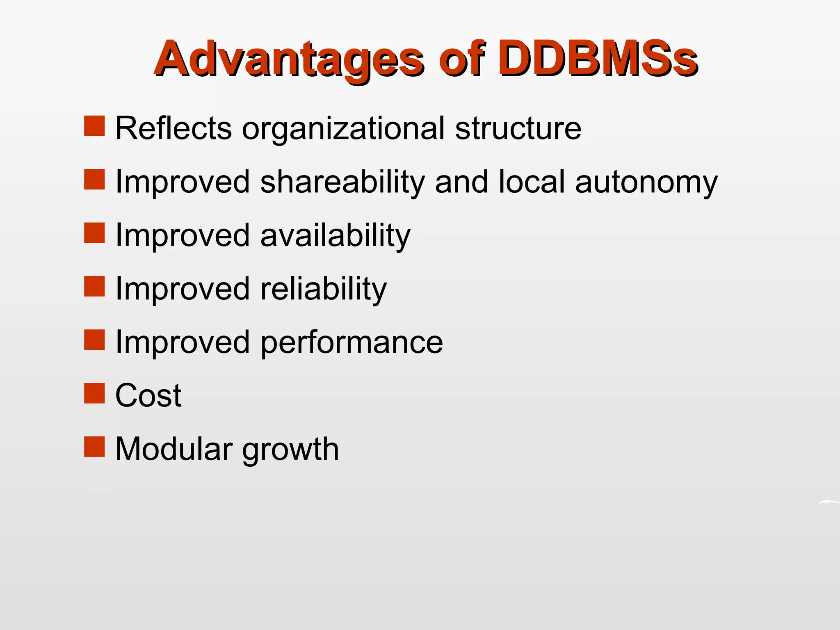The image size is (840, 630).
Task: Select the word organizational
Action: click(x=343, y=130)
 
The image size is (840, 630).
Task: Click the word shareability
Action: click(x=342, y=183)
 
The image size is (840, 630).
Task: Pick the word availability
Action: click(x=335, y=236)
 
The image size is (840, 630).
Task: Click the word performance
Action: click(x=352, y=343)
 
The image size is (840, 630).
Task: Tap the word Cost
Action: click(x=148, y=395)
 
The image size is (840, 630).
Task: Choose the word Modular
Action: click(x=174, y=449)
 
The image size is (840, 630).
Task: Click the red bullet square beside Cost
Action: click(x=94, y=393)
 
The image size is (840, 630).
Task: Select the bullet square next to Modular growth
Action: click(x=94, y=447)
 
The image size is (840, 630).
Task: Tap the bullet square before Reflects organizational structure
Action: click(x=94, y=126)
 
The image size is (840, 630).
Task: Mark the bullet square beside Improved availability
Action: click(x=94, y=233)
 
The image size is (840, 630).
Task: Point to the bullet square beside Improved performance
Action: click(x=94, y=340)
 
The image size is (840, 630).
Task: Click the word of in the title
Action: click(x=461, y=59)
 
